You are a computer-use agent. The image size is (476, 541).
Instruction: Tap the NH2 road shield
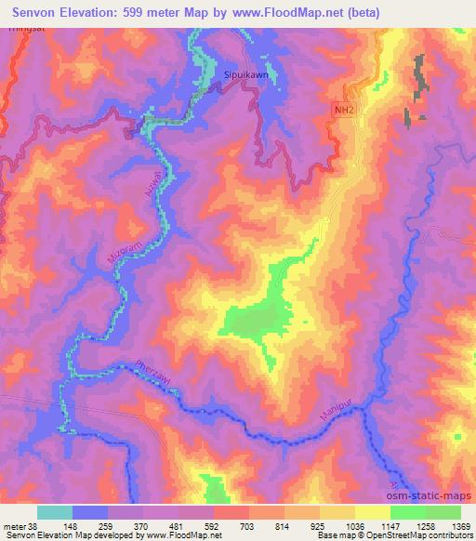tap(343, 110)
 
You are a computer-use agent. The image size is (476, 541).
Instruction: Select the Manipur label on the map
tap(339, 413)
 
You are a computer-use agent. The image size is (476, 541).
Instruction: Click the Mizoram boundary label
tap(117, 256)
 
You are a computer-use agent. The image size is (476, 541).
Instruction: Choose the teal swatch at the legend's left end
tap(54, 512)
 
